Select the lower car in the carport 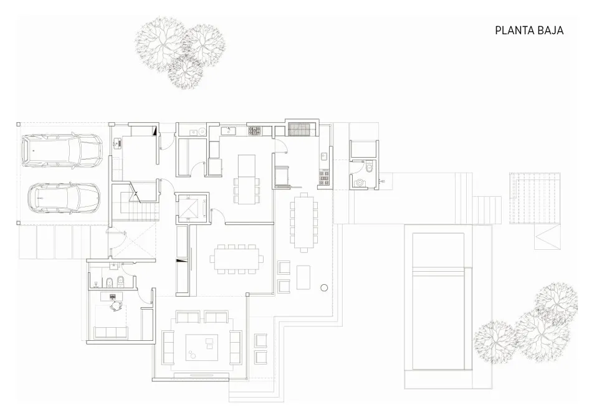pyautogui.click(x=65, y=198)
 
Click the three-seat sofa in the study pyautogui.click(x=110, y=332)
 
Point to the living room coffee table pyautogui.click(x=202, y=348)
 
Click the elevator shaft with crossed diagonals pyautogui.click(x=191, y=207)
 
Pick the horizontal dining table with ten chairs pyautogui.click(x=237, y=259)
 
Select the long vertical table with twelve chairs pyautogui.click(x=304, y=222)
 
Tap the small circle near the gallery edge pyautogui.click(x=324, y=288)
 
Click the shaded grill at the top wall pyautogui.click(x=299, y=129)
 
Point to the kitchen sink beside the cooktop pyautogui.click(x=229, y=131)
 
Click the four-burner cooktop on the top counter pyautogui.click(x=254, y=131)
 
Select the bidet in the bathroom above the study pyautogui.click(x=108, y=282)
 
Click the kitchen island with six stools pyautogui.click(x=247, y=179)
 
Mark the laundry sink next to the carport pyautogui.click(x=117, y=143)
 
